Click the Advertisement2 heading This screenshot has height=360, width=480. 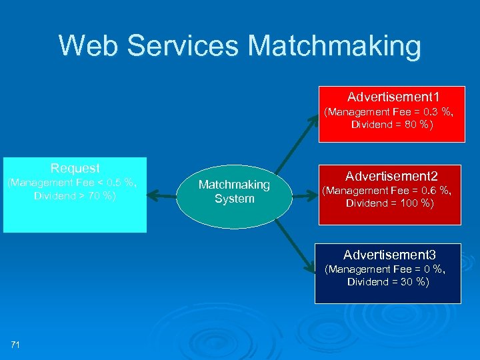click(x=391, y=176)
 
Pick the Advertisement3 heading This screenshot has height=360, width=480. click(x=389, y=255)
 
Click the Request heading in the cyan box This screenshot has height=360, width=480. click(x=75, y=168)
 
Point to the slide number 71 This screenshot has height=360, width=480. click(x=15, y=344)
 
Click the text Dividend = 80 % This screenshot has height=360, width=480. click(x=392, y=125)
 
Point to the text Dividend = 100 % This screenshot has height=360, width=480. click(x=389, y=203)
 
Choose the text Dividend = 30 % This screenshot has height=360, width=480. click(x=388, y=282)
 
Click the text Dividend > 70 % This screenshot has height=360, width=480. click(x=75, y=195)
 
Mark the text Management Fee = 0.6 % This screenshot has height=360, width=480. click(x=387, y=191)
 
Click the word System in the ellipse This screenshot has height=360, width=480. click(x=234, y=199)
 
